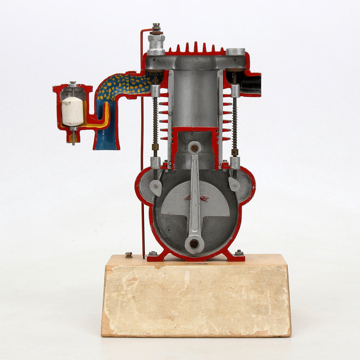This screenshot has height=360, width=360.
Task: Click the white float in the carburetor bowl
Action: tap(72, 112)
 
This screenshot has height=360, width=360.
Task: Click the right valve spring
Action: tap(235, 123)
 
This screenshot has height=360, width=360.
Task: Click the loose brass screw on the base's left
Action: tap(129, 255)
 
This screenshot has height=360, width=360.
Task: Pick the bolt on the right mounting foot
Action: tap(239, 253)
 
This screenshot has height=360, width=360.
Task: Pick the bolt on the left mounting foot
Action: tap(152, 253)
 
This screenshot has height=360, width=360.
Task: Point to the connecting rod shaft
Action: tap(195, 195)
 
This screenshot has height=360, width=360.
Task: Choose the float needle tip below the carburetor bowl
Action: tap(73, 141)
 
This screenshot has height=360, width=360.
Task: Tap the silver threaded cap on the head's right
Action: tap(236, 52)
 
